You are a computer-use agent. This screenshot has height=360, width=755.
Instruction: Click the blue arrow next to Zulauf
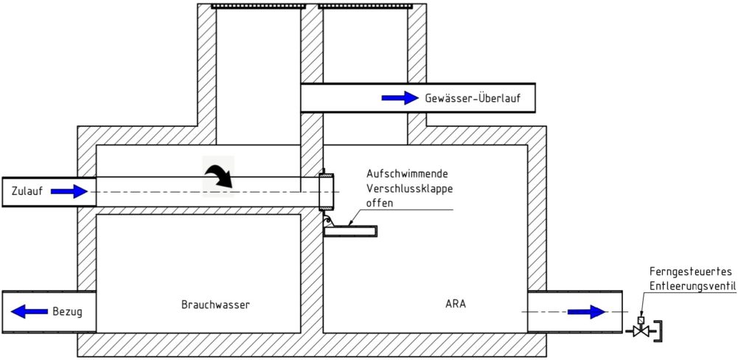click(x=69, y=192)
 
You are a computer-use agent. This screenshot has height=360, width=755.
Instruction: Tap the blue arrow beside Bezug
click(x=29, y=311)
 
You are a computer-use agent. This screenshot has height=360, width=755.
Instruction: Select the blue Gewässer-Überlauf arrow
click(x=400, y=98)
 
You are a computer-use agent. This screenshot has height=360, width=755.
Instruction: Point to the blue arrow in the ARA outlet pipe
click(x=586, y=312)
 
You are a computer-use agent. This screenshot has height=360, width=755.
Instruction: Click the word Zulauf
click(x=27, y=191)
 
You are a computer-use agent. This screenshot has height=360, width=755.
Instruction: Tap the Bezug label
click(x=67, y=312)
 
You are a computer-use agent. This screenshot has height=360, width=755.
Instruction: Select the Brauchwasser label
click(x=216, y=305)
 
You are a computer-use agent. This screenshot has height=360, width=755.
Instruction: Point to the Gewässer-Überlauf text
click(x=473, y=98)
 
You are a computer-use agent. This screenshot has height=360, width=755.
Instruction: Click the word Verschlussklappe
click(x=409, y=188)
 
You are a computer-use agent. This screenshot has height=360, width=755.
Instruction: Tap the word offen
click(x=380, y=203)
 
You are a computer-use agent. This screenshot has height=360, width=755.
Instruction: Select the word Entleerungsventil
click(x=693, y=286)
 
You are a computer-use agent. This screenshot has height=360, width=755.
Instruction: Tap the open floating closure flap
click(x=350, y=231)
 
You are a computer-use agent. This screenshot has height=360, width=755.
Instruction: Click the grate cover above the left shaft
click(x=259, y=6)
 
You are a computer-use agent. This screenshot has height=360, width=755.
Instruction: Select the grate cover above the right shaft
click(x=366, y=6)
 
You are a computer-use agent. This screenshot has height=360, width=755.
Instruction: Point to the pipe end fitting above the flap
click(x=326, y=191)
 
